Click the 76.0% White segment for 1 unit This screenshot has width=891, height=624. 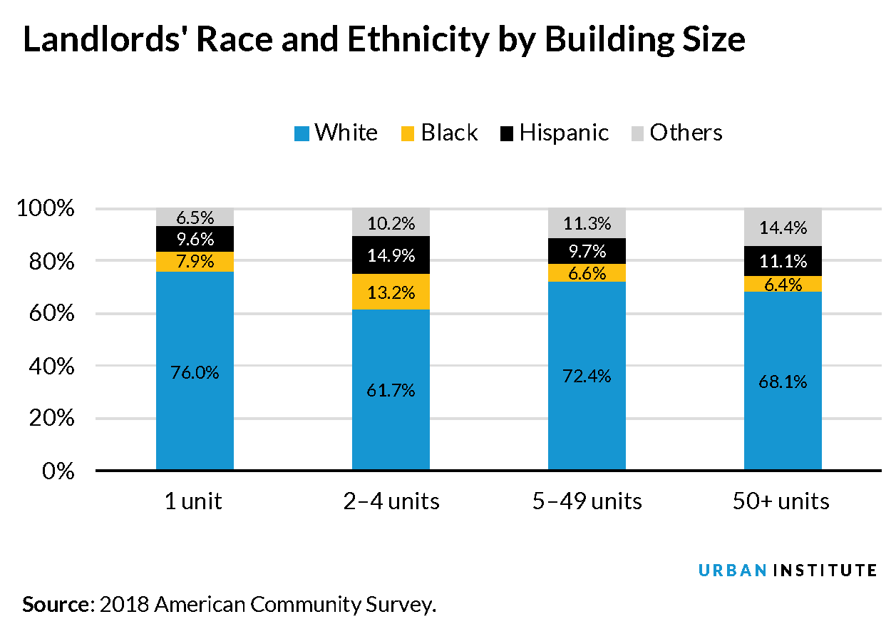click(x=195, y=372)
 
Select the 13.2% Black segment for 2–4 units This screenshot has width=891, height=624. click(x=391, y=292)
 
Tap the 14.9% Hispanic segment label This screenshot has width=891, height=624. click(x=391, y=255)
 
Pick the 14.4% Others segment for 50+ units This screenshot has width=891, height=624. click(x=783, y=227)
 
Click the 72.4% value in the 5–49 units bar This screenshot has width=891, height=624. click(x=587, y=377)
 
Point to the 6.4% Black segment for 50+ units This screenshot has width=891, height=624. click(x=783, y=285)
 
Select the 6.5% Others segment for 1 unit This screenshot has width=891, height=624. click(x=195, y=218)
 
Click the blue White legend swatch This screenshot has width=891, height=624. click(x=302, y=133)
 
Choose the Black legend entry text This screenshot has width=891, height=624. click(x=449, y=133)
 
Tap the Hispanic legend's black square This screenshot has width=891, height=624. click(x=507, y=133)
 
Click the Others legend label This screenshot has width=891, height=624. click(x=686, y=133)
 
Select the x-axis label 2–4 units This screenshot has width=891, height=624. click(x=391, y=501)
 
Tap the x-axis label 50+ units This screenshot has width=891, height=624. click(x=781, y=501)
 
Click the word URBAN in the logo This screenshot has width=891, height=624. click(x=732, y=570)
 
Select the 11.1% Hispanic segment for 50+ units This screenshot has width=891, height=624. click(x=783, y=261)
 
